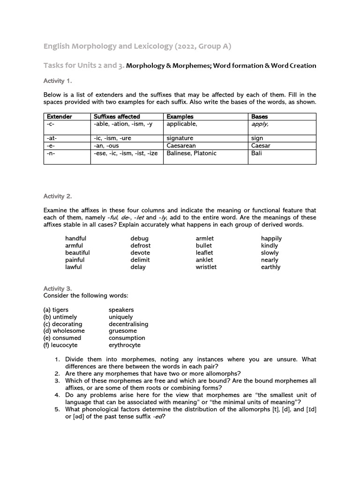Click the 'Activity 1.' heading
pos(57,81)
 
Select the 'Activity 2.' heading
pos(58,196)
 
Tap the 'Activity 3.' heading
pos(58,288)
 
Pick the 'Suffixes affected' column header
pos(117,116)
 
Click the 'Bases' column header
pos(259,116)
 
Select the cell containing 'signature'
pos(180,138)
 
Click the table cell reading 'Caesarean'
pos(181,146)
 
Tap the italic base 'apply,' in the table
pos(261,124)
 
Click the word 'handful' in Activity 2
pos(76,238)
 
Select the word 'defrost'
pos(141,246)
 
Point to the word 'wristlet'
pos(206,267)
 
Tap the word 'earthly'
pos(270,267)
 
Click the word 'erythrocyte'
pos(124,345)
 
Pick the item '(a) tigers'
pos(56,310)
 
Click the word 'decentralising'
pos(128,324)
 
